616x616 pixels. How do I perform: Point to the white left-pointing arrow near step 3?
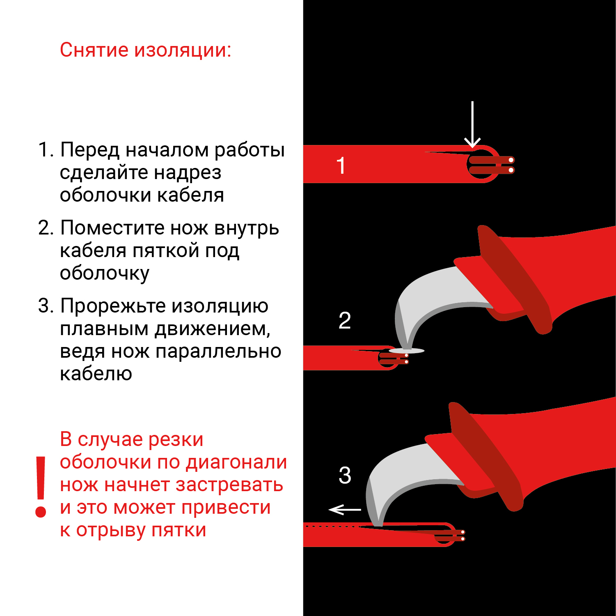pyautogui.click(x=345, y=510)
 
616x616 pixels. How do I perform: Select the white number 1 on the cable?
pyautogui.click(x=341, y=165)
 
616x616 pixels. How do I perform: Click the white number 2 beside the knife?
pyautogui.click(x=345, y=320)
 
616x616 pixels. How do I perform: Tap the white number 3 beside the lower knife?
pyautogui.click(x=345, y=475)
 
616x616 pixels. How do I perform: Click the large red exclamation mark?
pyautogui.click(x=41, y=487)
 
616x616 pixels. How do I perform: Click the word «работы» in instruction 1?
pyautogui.click(x=250, y=150)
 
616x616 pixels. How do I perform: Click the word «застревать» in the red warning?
pyautogui.click(x=229, y=485)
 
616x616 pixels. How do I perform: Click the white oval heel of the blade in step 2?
pyautogui.click(x=406, y=351)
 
